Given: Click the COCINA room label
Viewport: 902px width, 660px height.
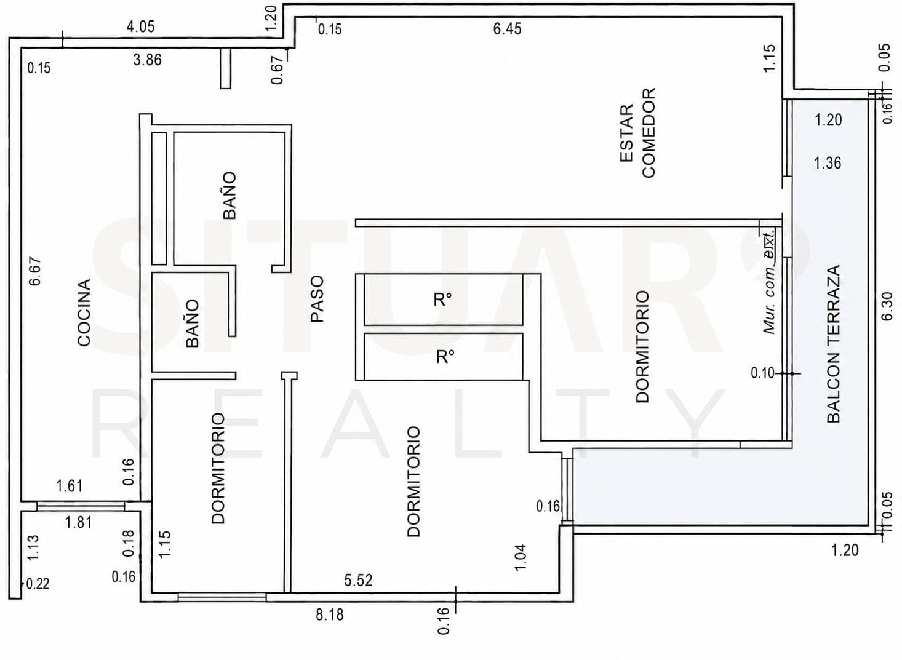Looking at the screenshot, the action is (x=84, y=312).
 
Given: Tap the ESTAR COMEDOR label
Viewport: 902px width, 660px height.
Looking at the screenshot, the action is (x=638, y=132).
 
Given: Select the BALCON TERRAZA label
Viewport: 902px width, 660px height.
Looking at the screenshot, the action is (x=834, y=344).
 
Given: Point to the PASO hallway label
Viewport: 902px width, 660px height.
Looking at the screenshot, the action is (x=317, y=298).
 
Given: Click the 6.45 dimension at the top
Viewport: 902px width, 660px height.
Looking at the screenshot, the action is (x=508, y=29).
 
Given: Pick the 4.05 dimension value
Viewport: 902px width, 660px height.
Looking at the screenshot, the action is (x=140, y=27).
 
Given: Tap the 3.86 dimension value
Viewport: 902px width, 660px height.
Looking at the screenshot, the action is (x=148, y=60).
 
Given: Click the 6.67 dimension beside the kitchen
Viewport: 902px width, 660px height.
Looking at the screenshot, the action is (x=35, y=271).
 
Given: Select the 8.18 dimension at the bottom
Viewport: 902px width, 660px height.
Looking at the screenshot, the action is (x=330, y=615).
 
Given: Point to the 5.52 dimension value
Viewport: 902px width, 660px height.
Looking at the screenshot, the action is (x=358, y=580).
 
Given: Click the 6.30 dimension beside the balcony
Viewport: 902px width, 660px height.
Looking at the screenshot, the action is (x=887, y=307).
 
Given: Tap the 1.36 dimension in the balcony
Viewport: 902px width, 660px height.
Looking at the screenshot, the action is (x=828, y=163).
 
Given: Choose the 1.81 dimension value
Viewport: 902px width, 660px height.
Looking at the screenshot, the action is (x=79, y=523).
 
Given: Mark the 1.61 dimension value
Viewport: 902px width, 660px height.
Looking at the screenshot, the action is (x=70, y=486).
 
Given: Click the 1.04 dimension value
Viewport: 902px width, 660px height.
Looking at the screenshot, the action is (x=521, y=557).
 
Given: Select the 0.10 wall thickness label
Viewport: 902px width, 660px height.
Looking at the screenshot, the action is (x=763, y=373).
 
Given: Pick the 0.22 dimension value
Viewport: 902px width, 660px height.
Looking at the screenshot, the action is (x=38, y=584).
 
